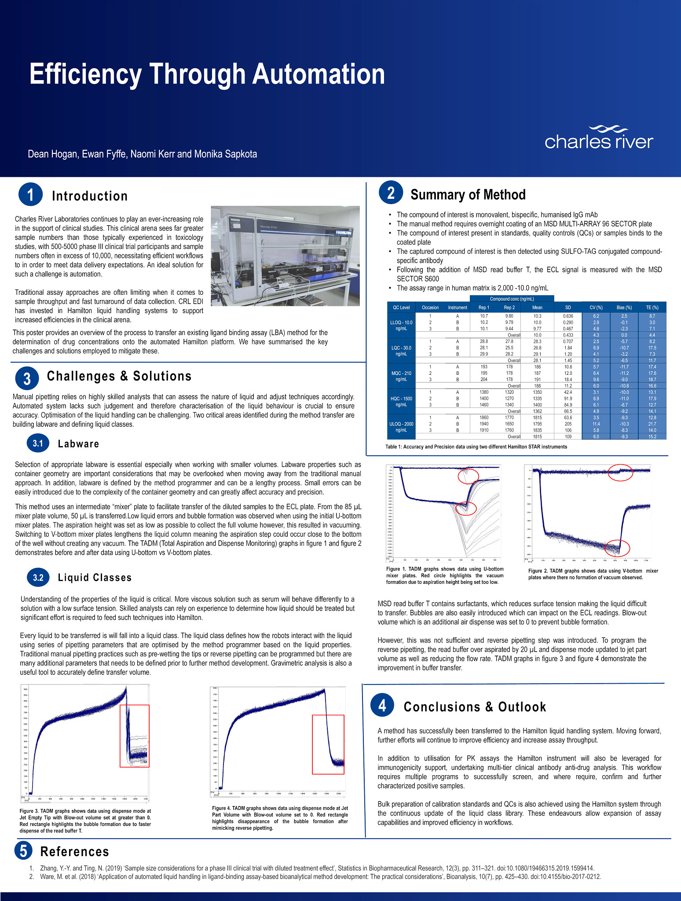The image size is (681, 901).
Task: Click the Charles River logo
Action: pos(599,138)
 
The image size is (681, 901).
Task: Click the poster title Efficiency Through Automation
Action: pos(207,74)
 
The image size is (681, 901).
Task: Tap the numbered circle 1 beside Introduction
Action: pos(30,195)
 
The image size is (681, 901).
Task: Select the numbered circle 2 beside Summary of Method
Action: pos(391,193)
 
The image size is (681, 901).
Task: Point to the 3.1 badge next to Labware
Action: pos(38,443)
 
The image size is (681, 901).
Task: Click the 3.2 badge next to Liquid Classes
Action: pos(38,577)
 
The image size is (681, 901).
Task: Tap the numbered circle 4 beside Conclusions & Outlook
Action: pos(382,706)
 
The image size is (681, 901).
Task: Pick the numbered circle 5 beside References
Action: pos(24,850)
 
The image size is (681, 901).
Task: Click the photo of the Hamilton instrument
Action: pos(285,256)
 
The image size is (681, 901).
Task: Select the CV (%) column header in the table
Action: pos(596,308)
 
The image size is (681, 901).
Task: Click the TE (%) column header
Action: pos(652,308)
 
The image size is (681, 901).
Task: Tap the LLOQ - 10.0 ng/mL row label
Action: pos(401,326)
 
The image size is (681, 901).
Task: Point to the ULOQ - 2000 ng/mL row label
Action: pos(401,427)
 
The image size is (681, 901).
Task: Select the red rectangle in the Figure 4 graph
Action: pos(328,744)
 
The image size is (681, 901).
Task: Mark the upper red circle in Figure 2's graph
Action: pos(620,472)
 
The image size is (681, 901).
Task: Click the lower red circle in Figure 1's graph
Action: pos(466,508)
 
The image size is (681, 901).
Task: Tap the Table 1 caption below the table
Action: pos(476,447)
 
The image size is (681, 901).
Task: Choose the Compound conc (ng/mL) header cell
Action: pos(512,299)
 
